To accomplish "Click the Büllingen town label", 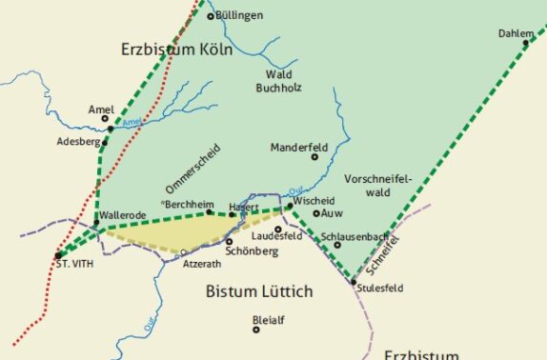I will click(239, 15).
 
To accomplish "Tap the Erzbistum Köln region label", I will click(177, 49).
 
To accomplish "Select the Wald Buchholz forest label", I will click(284, 82).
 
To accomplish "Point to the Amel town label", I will click(100, 109).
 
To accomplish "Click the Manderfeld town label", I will click(298, 148).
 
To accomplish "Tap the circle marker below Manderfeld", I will click(314, 156).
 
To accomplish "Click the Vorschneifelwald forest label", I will click(378, 185).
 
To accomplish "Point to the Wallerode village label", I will click(122, 215).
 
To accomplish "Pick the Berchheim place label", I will click(189, 205).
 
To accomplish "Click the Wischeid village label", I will click(314, 203).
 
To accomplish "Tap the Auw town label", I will click(333, 213).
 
